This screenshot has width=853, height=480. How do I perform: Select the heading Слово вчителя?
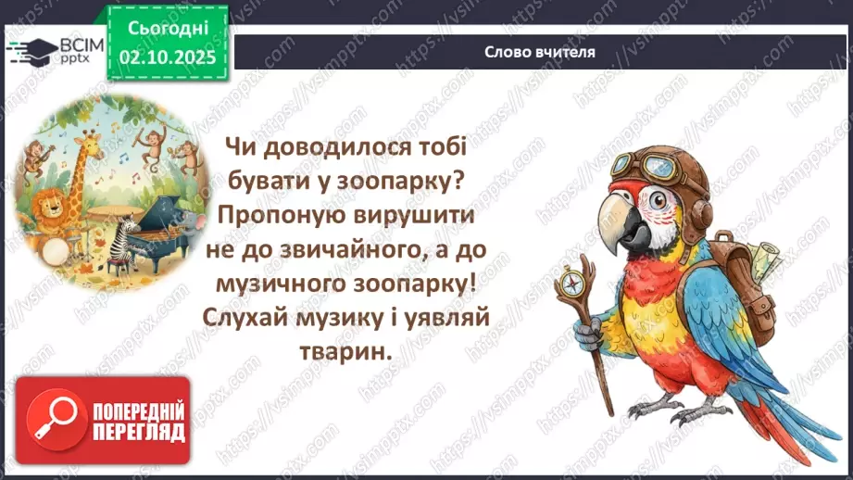(539, 52)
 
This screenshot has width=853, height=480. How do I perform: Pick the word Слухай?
(256, 319)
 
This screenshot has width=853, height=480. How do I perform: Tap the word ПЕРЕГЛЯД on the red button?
(139, 434)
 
